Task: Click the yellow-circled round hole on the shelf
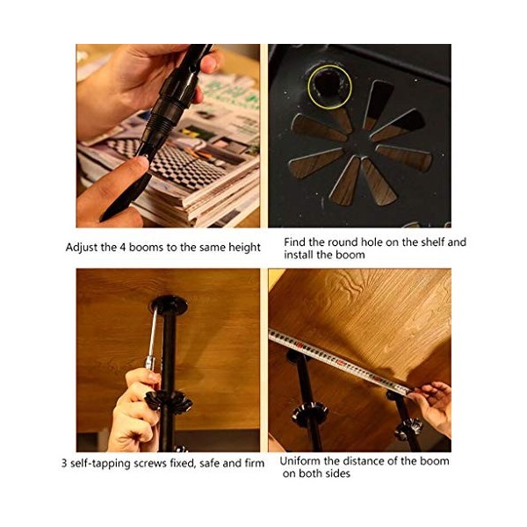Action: coord(329,86)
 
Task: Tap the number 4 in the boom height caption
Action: coord(123,248)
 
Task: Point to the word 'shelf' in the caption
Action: coord(432,242)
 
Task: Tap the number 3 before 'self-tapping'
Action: coord(64,464)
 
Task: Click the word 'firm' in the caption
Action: coord(255,463)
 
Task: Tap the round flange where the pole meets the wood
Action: coord(169,305)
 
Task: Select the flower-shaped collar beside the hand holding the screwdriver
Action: coord(168,401)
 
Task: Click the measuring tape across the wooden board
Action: coord(340,362)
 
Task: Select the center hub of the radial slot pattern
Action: coord(359,143)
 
